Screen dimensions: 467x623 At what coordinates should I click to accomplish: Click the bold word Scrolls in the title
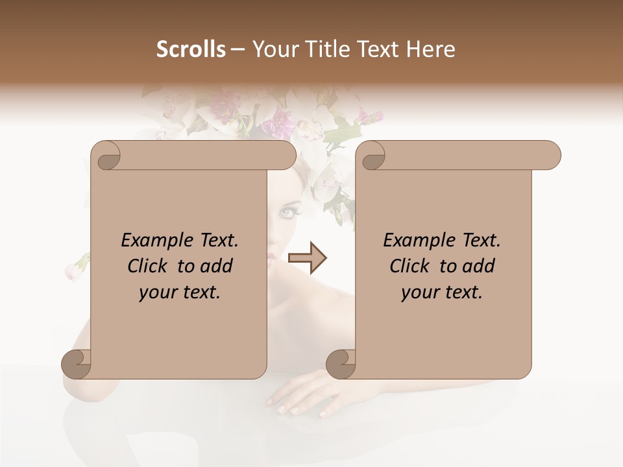point(191,49)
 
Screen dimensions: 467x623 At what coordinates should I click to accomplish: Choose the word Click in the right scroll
point(409,266)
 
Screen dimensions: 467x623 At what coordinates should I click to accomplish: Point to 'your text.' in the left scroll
point(180,293)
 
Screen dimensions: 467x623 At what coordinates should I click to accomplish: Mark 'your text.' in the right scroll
point(442,293)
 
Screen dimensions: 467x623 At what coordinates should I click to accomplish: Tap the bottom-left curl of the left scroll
point(76,365)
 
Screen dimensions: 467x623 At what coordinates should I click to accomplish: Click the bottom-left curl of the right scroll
point(340,365)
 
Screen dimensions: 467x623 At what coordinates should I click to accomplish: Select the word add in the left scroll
point(217,266)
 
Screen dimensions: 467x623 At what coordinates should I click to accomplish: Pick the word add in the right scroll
point(479,266)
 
